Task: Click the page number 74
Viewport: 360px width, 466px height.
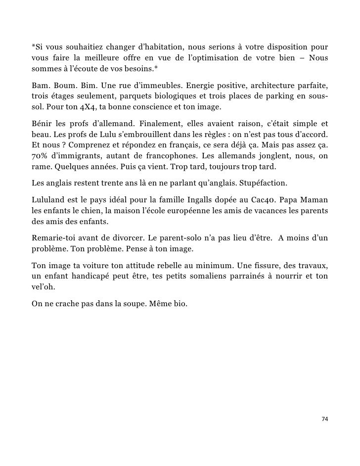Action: point(324,419)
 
